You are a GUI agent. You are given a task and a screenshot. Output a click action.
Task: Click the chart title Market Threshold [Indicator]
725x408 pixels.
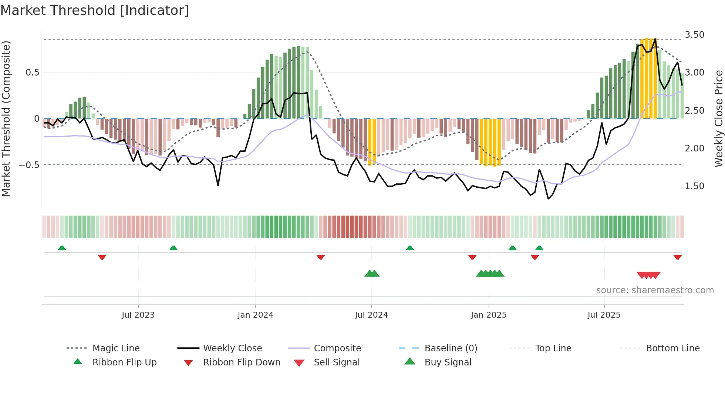tap(95, 10)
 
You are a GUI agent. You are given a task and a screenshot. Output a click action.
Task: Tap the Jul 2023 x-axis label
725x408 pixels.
tap(138, 315)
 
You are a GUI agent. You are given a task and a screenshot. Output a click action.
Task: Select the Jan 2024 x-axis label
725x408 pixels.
tap(255, 315)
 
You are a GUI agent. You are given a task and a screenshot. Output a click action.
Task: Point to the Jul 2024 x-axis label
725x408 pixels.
tap(371, 315)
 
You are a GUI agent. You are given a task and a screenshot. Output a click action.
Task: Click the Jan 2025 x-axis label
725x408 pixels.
tap(489, 315)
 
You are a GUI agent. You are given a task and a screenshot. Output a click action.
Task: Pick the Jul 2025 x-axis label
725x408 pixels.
tap(604, 315)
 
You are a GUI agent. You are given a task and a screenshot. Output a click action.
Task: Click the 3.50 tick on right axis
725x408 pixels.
tap(694, 35)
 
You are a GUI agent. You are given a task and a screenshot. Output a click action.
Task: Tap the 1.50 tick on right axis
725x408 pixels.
tap(694, 186)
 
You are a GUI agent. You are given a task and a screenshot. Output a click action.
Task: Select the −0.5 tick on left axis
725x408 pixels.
tap(29, 165)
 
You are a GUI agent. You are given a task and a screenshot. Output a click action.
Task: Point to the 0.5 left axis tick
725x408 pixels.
tap(32, 73)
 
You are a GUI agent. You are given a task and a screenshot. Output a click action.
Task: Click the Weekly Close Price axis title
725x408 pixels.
tap(718, 118)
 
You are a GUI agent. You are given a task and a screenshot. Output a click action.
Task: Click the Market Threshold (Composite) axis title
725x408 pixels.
tap(6, 118)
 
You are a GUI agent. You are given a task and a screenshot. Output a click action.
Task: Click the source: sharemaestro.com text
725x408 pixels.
tap(655, 290)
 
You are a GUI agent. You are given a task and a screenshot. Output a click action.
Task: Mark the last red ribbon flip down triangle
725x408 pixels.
tap(677, 257)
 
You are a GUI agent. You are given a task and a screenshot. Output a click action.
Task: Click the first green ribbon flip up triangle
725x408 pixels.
tap(62, 248)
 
